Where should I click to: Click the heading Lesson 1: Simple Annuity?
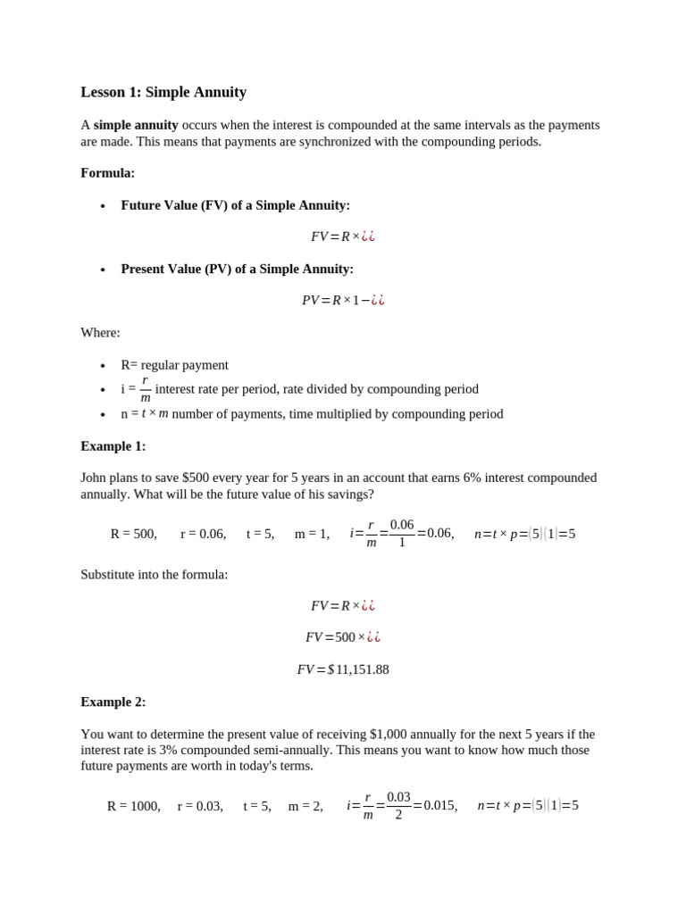pos(163,92)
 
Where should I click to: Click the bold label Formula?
pos(107,173)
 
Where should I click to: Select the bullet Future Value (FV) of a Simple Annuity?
pos(235,205)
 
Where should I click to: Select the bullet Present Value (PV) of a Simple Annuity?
pos(237,269)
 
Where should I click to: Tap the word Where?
pos(100,333)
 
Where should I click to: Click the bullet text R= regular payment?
pos(174,365)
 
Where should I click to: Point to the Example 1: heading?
pos(113,446)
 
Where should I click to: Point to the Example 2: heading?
pos(113,702)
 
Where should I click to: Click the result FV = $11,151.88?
pos(343,669)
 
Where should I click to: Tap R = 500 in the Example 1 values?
pos(133,534)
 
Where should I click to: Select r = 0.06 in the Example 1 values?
pos(203,534)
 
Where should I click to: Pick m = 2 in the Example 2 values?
pos(305,806)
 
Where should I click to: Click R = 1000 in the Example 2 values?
pos(133,806)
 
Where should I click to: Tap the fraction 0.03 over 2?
pos(398,806)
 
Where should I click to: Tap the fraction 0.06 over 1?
pos(402,534)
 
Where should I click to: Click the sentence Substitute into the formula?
pos(154,574)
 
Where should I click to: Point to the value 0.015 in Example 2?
pos(440,806)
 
